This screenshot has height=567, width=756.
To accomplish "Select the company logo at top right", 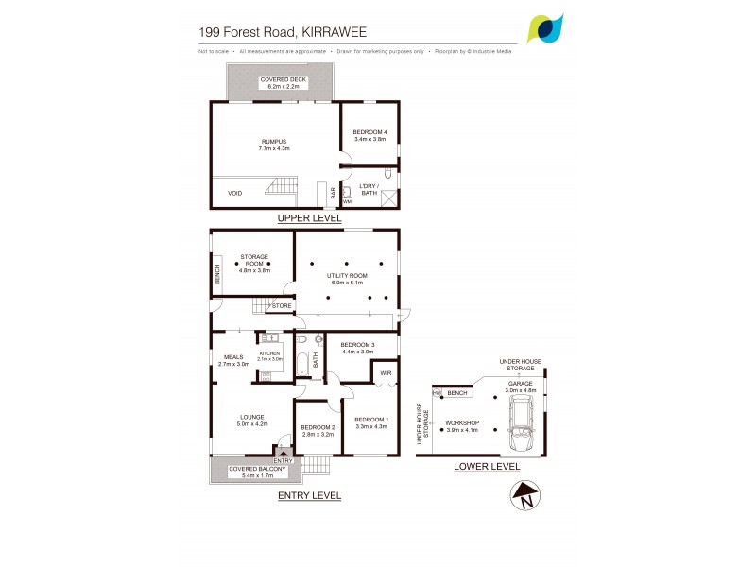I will pyautogui.click(x=547, y=29).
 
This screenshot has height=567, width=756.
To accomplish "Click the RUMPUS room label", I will pyautogui.click(x=273, y=145).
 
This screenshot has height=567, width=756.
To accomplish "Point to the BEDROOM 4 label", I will pyautogui.click(x=369, y=134).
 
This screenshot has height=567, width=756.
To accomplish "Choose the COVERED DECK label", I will pyautogui.click(x=279, y=82).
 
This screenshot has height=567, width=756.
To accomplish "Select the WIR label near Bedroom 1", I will pyautogui.click(x=385, y=373).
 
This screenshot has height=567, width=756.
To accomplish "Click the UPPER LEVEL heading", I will pyautogui.click(x=309, y=218).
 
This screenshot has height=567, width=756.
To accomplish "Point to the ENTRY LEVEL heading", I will pyautogui.click(x=309, y=495).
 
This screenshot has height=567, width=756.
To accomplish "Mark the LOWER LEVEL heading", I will pyautogui.click(x=487, y=467).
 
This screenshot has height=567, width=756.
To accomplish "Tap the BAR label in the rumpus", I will pyautogui.click(x=333, y=194).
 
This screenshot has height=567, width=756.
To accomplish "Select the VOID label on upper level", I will pyautogui.click(x=235, y=193).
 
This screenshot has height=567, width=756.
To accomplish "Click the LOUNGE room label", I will pyautogui.click(x=250, y=420).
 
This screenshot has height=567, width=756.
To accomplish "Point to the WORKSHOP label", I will pyautogui.click(x=462, y=425).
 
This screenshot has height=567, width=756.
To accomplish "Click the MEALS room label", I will pyautogui.click(x=233, y=360).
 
